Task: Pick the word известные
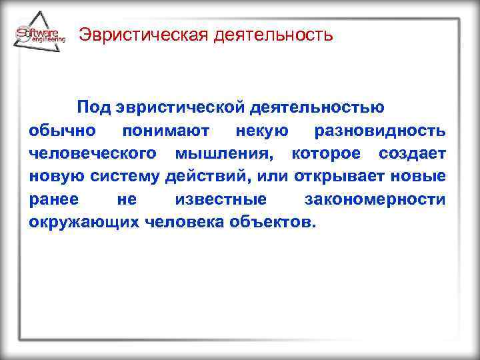221,199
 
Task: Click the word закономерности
375,199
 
